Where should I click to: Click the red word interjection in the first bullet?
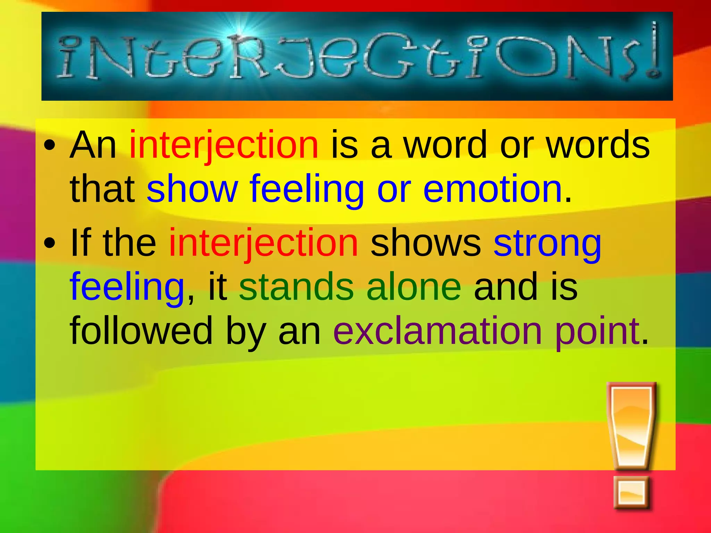[224, 145]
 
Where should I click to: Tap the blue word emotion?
[492, 189]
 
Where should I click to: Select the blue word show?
[192, 189]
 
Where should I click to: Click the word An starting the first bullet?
[93, 145]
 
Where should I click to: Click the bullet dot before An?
[50, 146]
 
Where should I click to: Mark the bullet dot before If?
[50, 243]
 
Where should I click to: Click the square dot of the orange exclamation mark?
[631, 492]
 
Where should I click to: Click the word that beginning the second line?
[102, 189]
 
